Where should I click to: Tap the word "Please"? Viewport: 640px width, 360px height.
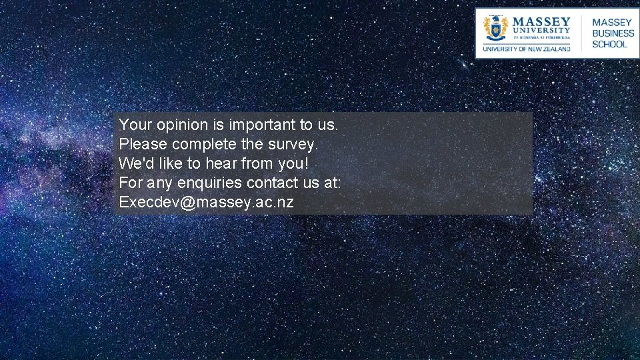point(143,144)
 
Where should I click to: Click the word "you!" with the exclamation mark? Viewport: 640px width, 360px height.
point(294,163)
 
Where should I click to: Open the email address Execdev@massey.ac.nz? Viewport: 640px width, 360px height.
point(206,202)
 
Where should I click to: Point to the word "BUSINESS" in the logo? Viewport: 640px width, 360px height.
point(613,33)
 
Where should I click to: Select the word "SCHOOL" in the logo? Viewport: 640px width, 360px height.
point(609,45)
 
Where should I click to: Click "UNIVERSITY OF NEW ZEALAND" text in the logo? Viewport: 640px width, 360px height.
point(527,49)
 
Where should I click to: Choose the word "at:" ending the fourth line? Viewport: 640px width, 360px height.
point(331,183)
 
